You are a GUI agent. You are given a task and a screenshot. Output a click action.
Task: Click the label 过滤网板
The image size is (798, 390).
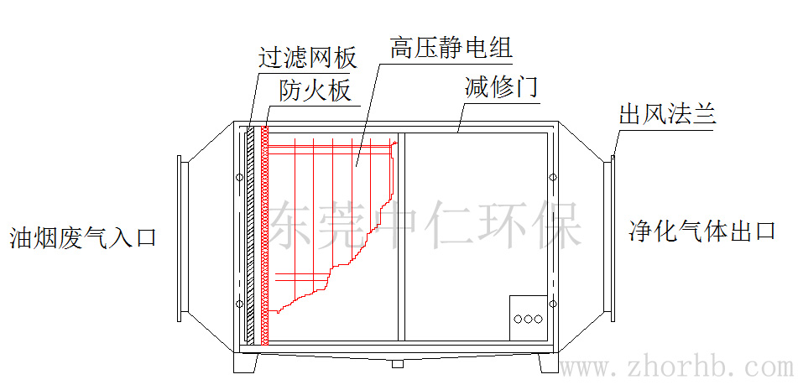tap(307, 57)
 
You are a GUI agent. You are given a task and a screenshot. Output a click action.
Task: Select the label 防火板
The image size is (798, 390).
tap(316, 90)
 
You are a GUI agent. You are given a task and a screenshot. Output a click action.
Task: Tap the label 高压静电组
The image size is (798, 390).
tap(451, 48)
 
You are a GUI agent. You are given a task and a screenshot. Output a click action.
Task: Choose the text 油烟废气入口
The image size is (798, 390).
tap(82, 237)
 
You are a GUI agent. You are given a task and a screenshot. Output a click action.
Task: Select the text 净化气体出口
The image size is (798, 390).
tap(702, 231)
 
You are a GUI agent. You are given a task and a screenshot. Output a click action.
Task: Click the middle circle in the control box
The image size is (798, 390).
tap(528, 319)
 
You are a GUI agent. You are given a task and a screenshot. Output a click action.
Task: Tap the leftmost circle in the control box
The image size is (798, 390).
tap(517, 319)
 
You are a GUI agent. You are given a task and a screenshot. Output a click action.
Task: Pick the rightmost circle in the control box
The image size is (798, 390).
tap(539, 319)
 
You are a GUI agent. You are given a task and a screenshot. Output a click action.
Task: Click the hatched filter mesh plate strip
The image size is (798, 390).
tap(250, 235)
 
